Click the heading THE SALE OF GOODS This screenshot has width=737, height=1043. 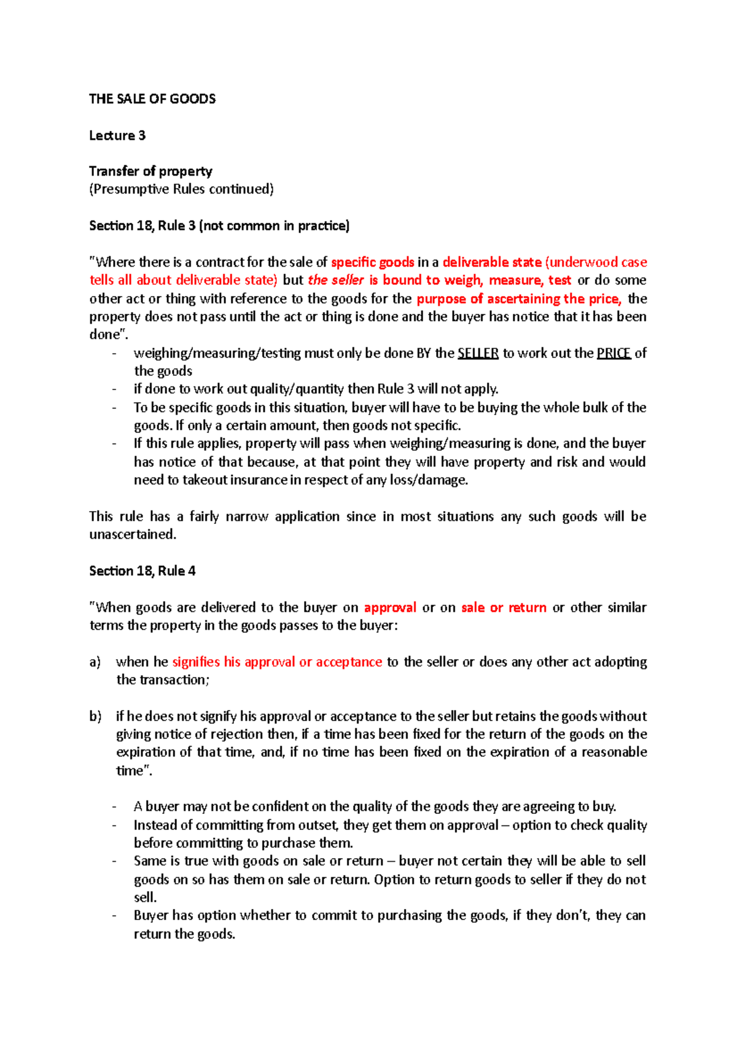click(x=152, y=99)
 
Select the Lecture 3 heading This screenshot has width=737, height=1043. click(x=117, y=135)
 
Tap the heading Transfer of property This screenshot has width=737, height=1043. click(x=150, y=171)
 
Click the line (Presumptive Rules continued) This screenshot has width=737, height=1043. click(x=181, y=189)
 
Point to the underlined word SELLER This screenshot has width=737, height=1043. click(x=478, y=353)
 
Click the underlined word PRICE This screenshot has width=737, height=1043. click(x=614, y=353)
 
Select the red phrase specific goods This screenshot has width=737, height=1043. click(x=372, y=262)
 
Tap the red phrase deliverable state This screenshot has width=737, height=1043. click(x=491, y=262)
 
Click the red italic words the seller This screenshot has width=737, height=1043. click(x=335, y=280)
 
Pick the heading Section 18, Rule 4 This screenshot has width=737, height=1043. click(x=142, y=571)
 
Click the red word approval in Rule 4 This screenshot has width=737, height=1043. click(x=390, y=607)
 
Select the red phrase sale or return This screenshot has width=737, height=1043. click(x=504, y=607)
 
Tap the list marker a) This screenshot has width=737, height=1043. click(x=95, y=662)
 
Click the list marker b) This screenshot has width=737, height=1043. click(x=95, y=716)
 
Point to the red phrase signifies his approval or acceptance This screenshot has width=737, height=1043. click(x=277, y=662)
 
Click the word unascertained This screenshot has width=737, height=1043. click(x=133, y=534)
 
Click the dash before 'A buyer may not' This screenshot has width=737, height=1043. click(x=114, y=807)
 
